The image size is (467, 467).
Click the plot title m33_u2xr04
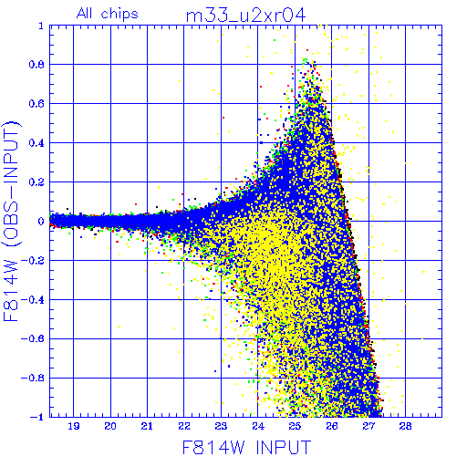click(x=245, y=16)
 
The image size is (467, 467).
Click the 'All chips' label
click(x=108, y=14)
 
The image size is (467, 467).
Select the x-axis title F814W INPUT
click(x=247, y=447)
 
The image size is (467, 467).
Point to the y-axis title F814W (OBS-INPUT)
click(x=11, y=221)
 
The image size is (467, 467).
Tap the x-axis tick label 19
click(x=74, y=426)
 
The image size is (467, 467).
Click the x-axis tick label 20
click(x=110, y=426)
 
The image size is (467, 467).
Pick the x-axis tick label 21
click(x=147, y=426)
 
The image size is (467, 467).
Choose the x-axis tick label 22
click(x=184, y=426)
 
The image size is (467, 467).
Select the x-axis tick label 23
click(x=221, y=426)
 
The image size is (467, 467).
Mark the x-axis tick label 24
click(x=258, y=426)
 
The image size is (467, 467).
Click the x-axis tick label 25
click(x=295, y=426)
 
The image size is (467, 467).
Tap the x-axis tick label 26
click(x=332, y=426)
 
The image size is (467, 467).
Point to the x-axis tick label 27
click(x=368, y=426)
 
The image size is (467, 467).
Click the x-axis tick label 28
click(x=405, y=426)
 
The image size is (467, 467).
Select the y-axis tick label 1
click(x=41, y=26)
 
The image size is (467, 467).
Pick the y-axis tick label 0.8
click(x=36, y=65)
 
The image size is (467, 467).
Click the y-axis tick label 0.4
click(x=36, y=143)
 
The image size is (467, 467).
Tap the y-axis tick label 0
click(x=41, y=222)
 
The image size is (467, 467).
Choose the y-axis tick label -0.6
click(x=33, y=338)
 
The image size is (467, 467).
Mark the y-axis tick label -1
click(x=36, y=417)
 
